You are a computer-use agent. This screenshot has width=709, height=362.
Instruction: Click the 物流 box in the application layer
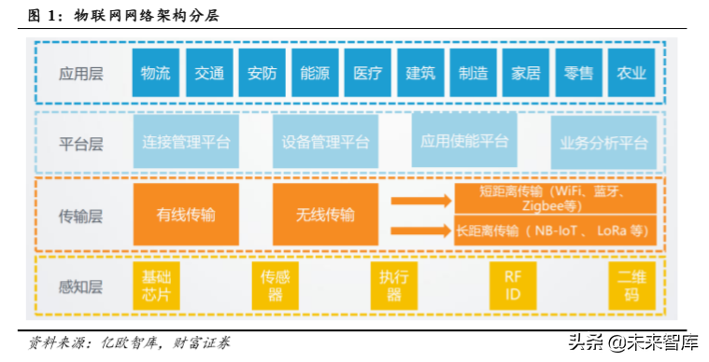click(155, 73)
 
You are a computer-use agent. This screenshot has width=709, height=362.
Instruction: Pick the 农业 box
click(631, 73)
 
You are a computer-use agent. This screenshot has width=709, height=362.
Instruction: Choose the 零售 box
click(579, 73)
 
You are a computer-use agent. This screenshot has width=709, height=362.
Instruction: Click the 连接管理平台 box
click(186, 143)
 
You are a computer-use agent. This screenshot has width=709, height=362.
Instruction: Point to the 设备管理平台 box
click(325, 143)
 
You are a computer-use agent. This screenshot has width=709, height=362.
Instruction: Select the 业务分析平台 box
click(603, 143)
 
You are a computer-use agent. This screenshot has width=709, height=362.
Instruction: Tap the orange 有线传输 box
click(186, 215)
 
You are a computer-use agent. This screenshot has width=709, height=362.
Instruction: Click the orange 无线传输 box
click(325, 215)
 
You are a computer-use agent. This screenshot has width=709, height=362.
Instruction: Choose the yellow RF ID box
click(513, 285)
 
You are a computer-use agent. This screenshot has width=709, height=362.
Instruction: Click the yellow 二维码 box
click(631, 285)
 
